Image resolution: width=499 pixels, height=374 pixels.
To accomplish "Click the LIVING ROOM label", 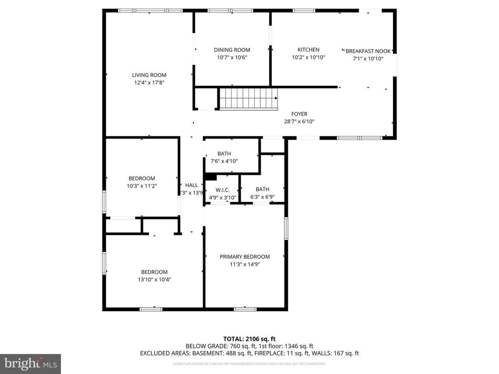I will [x=149, y=75].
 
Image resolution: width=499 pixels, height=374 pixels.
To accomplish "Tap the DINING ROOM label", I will [x=232, y=50].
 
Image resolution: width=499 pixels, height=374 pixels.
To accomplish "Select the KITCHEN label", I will [x=308, y=50].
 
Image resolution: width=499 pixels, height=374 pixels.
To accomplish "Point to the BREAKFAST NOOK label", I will [x=368, y=51].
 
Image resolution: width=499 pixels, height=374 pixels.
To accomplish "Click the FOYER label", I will [x=299, y=114].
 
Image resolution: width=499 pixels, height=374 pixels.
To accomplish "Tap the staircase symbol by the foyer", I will [x=248, y=98].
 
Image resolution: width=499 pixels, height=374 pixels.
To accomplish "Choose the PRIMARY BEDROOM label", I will [x=244, y=257].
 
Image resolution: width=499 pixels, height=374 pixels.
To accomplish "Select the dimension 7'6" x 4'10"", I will [x=224, y=161].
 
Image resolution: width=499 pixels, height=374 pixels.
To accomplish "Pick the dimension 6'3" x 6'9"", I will [x=262, y=197].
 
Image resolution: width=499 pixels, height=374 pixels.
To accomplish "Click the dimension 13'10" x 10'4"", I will [x=154, y=280].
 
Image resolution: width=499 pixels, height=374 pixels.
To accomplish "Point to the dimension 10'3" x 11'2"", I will [x=142, y=186].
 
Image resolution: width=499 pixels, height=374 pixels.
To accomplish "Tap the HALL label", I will [x=191, y=185].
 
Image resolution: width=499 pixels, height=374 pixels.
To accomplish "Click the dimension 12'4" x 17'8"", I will [x=149, y=82].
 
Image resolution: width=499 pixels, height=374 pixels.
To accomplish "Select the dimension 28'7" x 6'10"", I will [x=299, y=121].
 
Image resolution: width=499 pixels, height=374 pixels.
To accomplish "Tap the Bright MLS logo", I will [x=30, y=363].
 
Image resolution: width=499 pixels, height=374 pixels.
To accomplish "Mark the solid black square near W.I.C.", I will [x=210, y=176].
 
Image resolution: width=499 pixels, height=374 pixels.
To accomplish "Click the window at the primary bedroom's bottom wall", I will [x=245, y=309].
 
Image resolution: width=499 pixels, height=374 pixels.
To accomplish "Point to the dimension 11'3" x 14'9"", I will [x=244, y=264].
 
